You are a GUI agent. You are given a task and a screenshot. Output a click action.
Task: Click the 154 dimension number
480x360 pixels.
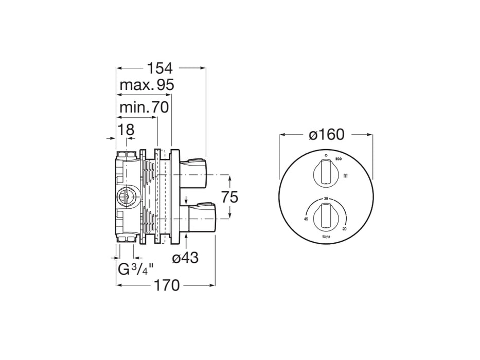point(161,68)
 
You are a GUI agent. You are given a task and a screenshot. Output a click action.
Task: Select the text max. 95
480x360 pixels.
point(147,85)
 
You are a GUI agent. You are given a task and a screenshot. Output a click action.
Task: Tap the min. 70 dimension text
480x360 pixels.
point(144,108)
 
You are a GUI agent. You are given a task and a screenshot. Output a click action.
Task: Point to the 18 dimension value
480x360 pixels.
point(126,130)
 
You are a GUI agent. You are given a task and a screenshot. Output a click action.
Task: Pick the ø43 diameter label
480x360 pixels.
point(185,258)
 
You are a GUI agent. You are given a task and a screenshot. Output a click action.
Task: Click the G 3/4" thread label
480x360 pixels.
point(135,269)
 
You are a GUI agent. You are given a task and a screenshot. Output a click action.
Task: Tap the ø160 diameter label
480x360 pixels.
point(326,135)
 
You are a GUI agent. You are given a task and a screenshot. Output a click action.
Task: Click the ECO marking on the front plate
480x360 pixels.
point(339,159)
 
